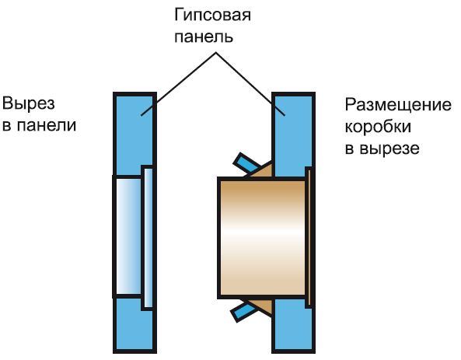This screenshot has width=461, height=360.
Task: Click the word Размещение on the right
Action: (x=397, y=104)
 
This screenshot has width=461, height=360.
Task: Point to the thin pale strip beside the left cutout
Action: (x=148, y=237)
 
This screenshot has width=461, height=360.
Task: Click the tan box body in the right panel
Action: (x=260, y=237)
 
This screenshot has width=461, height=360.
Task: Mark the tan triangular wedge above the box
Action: (x=263, y=171)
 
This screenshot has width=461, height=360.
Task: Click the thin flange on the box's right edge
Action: (x=310, y=237)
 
